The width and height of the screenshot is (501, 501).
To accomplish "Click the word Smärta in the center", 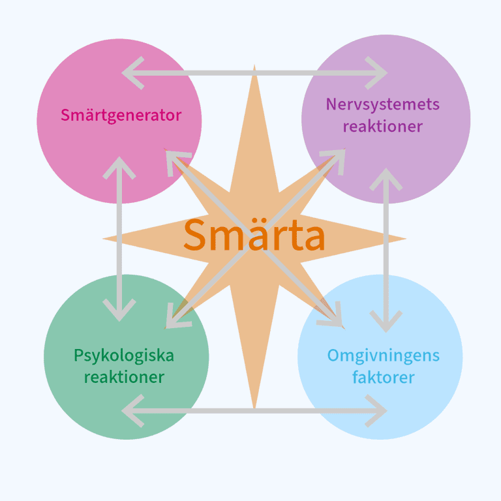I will [x=254, y=235].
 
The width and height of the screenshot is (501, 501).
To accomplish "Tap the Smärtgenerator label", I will [x=121, y=115].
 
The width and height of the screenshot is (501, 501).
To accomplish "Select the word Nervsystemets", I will [x=383, y=104].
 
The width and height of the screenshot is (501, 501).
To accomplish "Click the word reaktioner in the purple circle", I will [x=383, y=126].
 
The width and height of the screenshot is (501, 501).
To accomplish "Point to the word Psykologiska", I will [x=124, y=356].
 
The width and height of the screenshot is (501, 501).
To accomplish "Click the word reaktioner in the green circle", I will [x=124, y=377].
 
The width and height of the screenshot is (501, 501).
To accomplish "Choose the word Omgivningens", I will [x=383, y=356].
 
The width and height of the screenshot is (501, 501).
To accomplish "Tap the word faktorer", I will [x=383, y=377].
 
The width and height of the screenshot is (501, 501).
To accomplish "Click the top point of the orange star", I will [x=254, y=67].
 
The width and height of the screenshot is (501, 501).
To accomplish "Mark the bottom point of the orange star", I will [x=254, y=408].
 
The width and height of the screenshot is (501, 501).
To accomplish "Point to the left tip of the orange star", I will [x=104, y=239].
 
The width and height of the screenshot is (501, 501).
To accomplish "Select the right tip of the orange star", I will [x=404, y=239].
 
